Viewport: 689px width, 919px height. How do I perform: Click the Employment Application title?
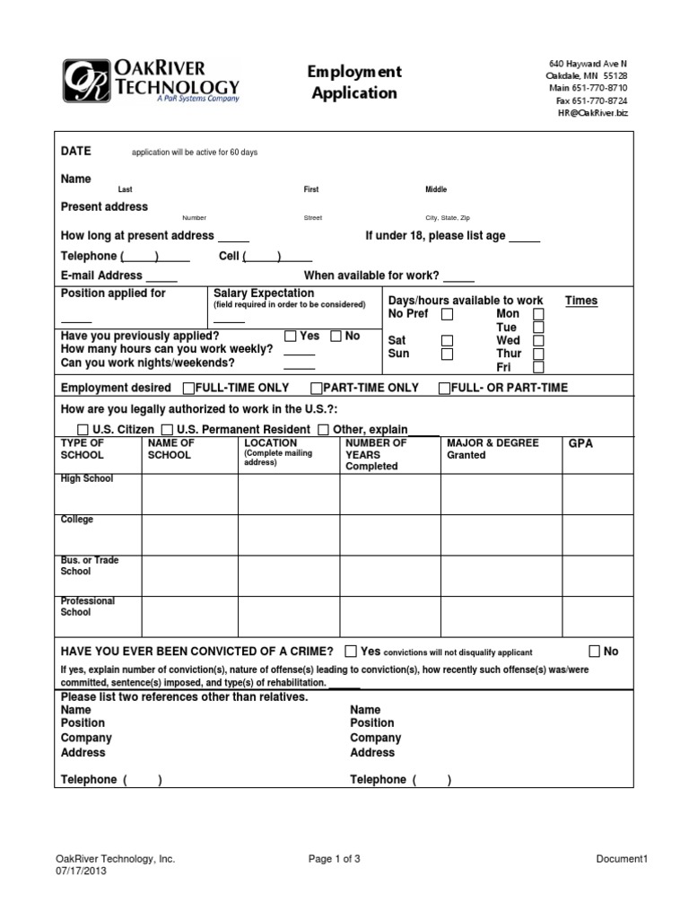click(x=354, y=82)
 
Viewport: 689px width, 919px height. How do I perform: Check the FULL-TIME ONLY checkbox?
click(x=188, y=389)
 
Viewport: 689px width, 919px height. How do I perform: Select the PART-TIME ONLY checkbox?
click(x=317, y=389)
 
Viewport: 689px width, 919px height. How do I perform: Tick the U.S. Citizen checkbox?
click(x=83, y=430)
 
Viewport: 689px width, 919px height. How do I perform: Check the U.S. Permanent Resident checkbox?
click(x=168, y=430)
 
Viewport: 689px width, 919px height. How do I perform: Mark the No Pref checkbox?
click(x=447, y=315)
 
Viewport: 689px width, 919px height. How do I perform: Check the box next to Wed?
click(x=538, y=341)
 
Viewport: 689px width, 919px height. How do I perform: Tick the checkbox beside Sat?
click(x=447, y=341)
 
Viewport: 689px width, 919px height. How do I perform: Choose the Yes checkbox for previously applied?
click(x=291, y=337)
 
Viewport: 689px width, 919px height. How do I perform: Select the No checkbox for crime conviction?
click(x=595, y=652)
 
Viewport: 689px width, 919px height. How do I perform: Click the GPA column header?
click(x=580, y=444)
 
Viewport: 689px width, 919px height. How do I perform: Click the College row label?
click(x=77, y=521)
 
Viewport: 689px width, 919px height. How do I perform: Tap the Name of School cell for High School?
click(x=189, y=494)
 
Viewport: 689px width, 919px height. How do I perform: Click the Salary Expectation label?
click(x=264, y=293)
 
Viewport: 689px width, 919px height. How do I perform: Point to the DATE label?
click(x=76, y=152)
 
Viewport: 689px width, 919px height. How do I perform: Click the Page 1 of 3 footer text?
click(x=335, y=859)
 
